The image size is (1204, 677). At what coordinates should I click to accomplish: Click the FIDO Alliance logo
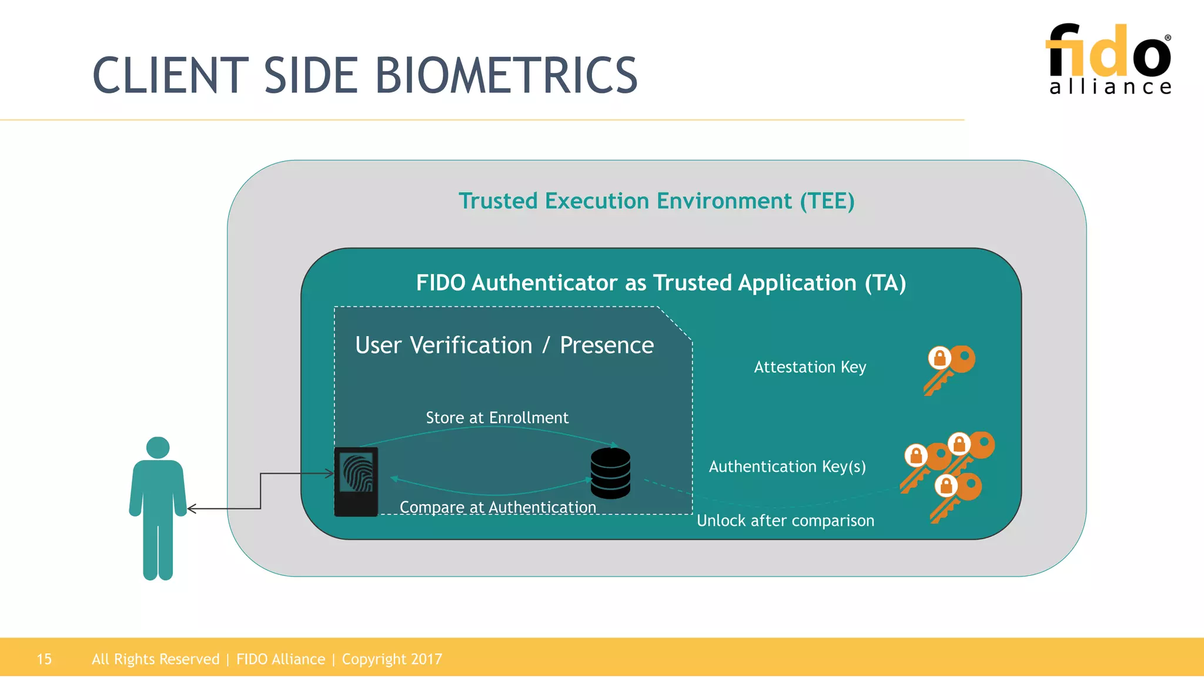pos(1109,59)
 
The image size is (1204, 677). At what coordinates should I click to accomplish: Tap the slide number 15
pos(44,659)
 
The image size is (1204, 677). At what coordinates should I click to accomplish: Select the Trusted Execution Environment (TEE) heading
pos(656,201)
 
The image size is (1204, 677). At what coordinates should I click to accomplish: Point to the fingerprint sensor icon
pos(356,481)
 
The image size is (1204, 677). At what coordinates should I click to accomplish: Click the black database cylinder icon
pos(610,473)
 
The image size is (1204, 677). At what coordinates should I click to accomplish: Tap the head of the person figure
pos(158,447)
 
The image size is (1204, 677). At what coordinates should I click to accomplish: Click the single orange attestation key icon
pos(949,369)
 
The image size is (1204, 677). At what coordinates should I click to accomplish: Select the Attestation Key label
pos(810,367)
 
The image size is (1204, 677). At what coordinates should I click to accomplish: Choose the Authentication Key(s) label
pos(787,467)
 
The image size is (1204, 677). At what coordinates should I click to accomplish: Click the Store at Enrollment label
pos(497,418)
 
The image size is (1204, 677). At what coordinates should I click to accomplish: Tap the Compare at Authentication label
pos(497,507)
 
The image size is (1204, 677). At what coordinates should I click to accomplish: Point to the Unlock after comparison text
pos(785,521)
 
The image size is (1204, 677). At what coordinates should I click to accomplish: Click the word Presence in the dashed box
pos(606,346)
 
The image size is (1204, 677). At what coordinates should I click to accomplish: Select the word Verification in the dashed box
pos(471,346)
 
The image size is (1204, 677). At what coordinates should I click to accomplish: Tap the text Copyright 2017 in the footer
pos(392,659)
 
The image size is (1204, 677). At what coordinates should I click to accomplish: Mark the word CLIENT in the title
pos(170,76)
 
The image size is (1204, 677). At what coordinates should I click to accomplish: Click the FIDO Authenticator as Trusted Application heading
pos(661,283)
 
